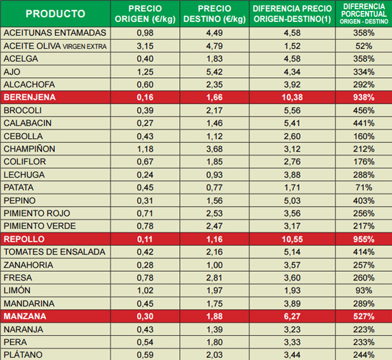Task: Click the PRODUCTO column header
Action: click(x=56, y=14)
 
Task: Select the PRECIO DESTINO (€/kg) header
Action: click(x=214, y=14)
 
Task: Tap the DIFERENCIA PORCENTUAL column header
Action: click(x=363, y=13)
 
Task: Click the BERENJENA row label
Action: click(x=30, y=97)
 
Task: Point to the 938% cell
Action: click(x=363, y=97)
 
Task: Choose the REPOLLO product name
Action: click(x=24, y=239)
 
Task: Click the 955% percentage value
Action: click(x=363, y=239)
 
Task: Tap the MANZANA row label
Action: click(x=25, y=316)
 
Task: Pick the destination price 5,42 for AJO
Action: click(x=214, y=71)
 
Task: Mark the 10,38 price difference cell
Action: click(x=292, y=97)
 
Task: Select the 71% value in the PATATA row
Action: click(x=363, y=188)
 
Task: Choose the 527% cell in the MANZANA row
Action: click(x=363, y=316)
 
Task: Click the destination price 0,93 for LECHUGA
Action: click(x=214, y=175)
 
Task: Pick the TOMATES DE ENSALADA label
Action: click(x=55, y=252)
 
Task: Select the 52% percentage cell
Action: click(x=363, y=46)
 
